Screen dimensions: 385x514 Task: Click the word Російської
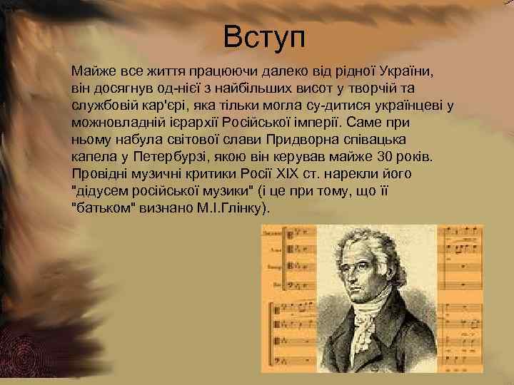coord(268,123)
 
